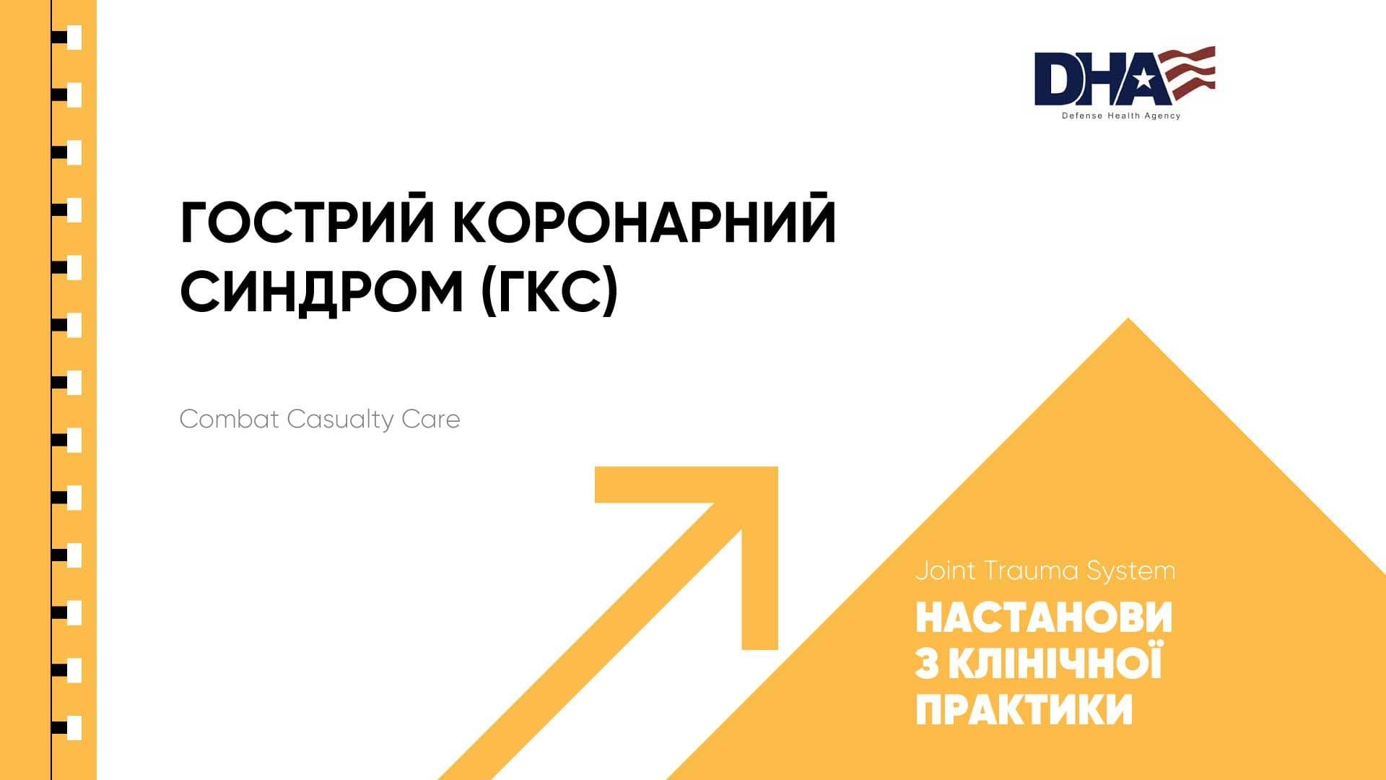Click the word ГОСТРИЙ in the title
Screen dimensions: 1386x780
coord(307,222)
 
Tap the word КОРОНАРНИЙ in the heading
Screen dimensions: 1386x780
coord(645,222)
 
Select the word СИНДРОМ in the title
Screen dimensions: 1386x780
coord(321,292)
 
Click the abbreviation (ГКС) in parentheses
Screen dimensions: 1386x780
coord(550,292)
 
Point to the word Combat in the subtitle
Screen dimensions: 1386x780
coord(229,419)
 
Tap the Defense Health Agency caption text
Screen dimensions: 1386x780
coord(1121,116)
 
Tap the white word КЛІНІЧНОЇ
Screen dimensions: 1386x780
coord(1055,662)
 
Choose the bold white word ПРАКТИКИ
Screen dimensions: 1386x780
coord(1024,709)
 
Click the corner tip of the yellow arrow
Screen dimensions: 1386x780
coord(777,468)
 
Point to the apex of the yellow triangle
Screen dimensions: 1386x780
coord(1128,319)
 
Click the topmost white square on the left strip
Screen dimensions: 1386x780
coord(74,38)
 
